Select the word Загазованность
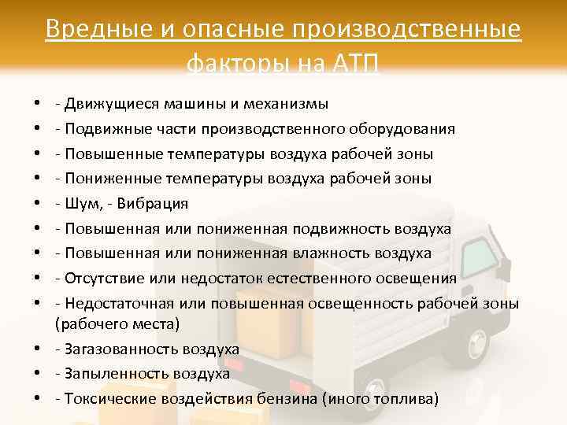[x=118, y=349]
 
